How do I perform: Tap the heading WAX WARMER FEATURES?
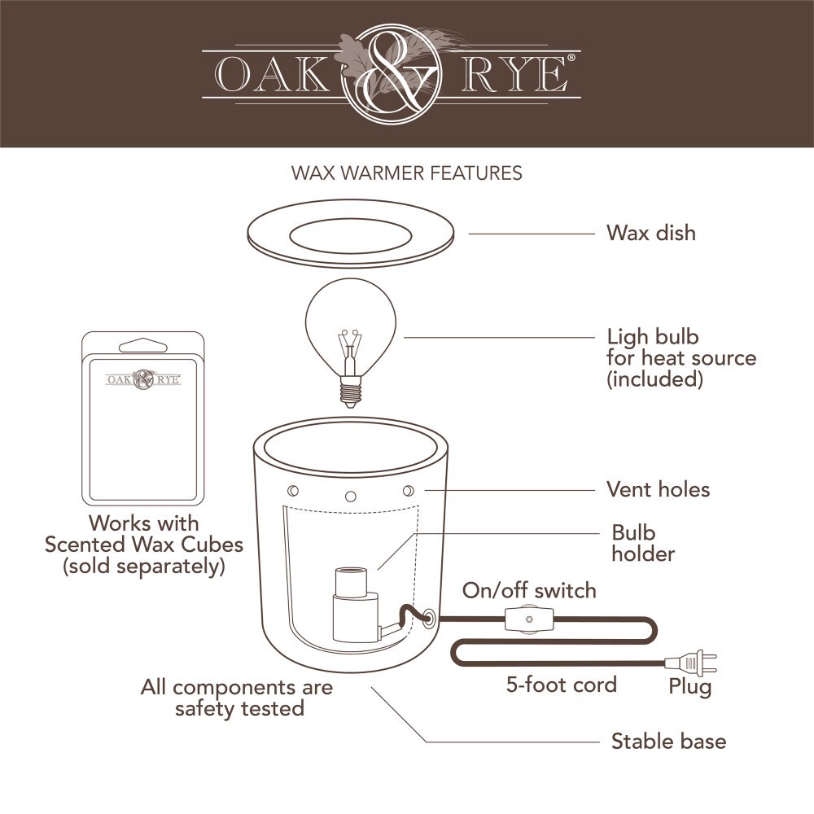pos(406,173)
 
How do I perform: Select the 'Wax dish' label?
pos(650,233)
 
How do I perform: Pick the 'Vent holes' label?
pos(658,489)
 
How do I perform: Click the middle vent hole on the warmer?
pos(351,495)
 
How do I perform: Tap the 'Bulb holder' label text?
pos(643,544)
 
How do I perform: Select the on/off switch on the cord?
pos(529,620)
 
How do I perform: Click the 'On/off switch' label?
pos(529,590)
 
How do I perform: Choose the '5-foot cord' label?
pos(561,684)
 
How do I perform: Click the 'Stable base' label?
pos(668,742)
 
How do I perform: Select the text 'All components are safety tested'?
pos(237,698)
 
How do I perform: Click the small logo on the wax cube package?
pos(143,379)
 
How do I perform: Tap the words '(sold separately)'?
pos(144,567)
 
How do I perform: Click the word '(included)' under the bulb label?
pos(654,379)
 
